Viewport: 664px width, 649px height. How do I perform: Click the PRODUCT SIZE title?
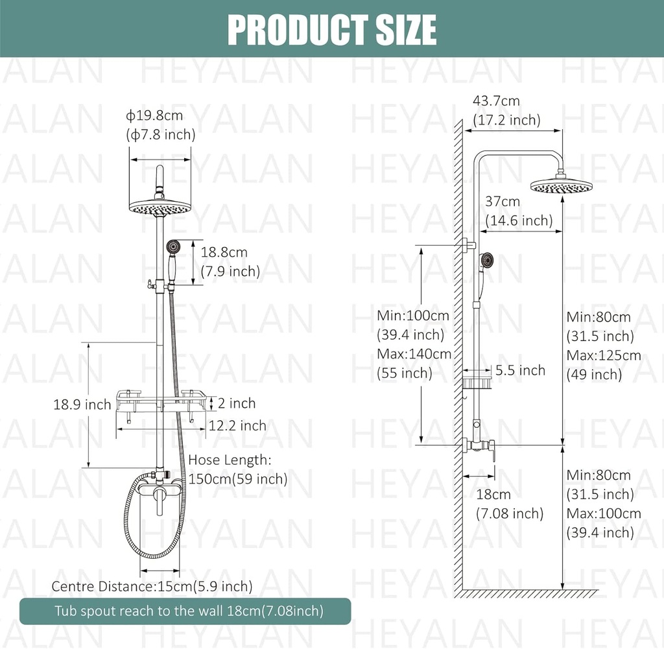pyautogui.click(x=331, y=29)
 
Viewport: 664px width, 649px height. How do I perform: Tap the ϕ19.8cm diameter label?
pyautogui.click(x=155, y=116)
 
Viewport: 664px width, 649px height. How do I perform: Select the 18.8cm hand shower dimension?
pyautogui.click(x=224, y=253)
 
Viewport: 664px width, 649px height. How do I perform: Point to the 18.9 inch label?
pyautogui.click(x=82, y=405)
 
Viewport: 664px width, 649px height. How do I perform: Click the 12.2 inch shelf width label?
pyautogui.click(x=237, y=425)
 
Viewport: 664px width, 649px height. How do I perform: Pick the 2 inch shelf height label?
pyautogui.click(x=237, y=403)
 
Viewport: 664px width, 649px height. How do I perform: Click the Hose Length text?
pyautogui.click(x=228, y=460)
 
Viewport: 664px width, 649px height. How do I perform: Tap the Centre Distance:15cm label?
pyautogui.click(x=152, y=586)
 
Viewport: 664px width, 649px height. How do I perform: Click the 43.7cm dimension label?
pyautogui.click(x=496, y=101)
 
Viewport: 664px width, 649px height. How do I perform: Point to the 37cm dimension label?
pyautogui.click(x=503, y=202)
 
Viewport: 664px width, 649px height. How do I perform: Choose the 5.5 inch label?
pyautogui.click(x=520, y=370)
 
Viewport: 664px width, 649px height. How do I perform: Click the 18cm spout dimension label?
pyautogui.click(x=493, y=495)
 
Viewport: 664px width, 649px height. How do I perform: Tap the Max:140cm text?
pyautogui.click(x=414, y=354)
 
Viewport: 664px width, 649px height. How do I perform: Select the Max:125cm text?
pyautogui.click(x=604, y=355)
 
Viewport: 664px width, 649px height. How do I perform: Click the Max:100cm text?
pyautogui.click(x=604, y=513)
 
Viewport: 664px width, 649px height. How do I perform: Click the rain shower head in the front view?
pyautogui.click(x=160, y=207)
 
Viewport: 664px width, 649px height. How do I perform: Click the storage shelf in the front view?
pyautogui.click(x=160, y=401)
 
